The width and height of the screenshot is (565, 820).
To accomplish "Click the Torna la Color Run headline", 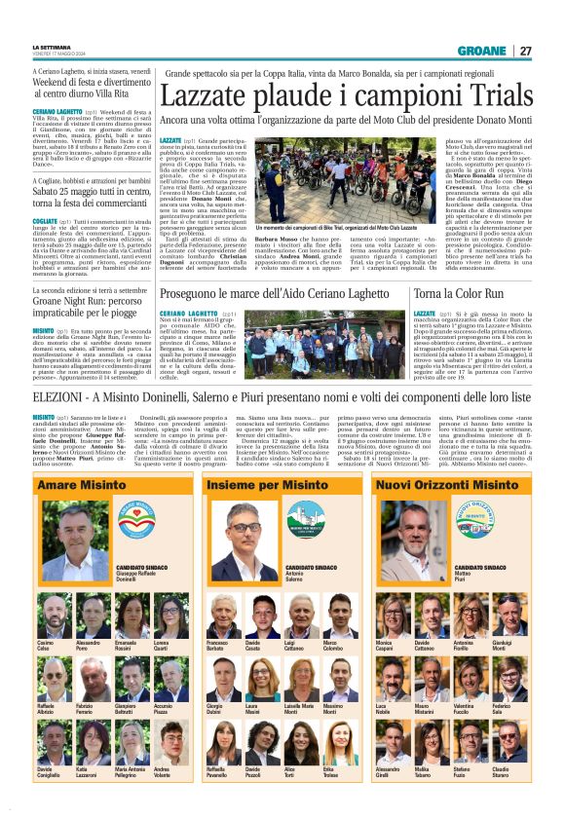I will [459, 293].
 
